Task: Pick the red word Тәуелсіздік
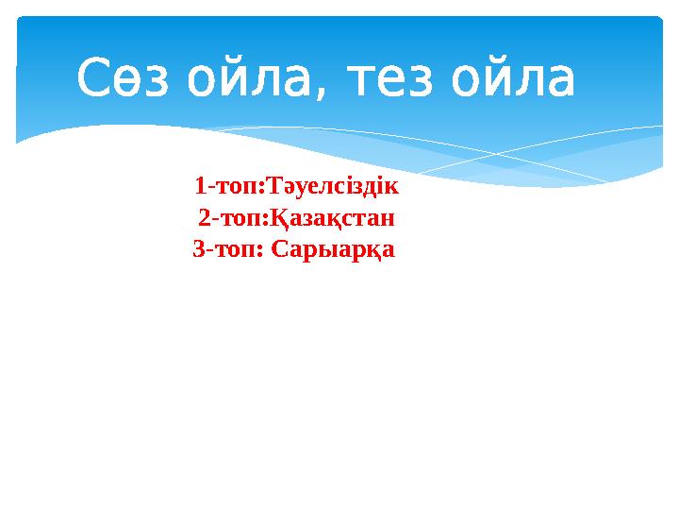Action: [335, 185]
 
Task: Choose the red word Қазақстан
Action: [335, 218]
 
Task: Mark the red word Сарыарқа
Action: [332, 250]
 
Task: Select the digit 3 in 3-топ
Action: [198, 250]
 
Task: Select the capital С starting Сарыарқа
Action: [278, 250]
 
